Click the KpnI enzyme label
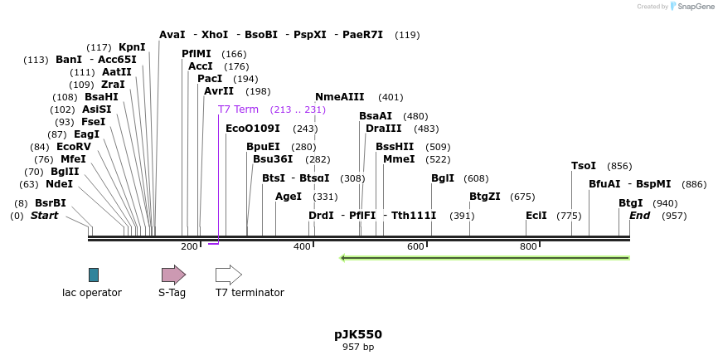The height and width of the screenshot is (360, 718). click(x=132, y=47)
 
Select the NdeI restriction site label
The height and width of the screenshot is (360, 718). click(x=59, y=184)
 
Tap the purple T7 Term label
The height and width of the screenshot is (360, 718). click(x=238, y=109)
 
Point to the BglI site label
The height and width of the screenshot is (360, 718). click(x=443, y=178)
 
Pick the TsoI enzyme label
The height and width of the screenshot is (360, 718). click(x=584, y=166)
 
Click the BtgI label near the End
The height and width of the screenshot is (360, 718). click(x=631, y=203)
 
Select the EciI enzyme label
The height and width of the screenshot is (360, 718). click(x=536, y=216)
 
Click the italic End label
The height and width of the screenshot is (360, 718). click(x=640, y=216)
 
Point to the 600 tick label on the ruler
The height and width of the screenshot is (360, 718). click(x=415, y=246)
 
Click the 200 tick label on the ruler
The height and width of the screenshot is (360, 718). click(x=189, y=246)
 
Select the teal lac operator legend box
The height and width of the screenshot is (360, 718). click(x=94, y=275)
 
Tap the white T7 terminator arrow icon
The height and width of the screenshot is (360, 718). click(x=228, y=275)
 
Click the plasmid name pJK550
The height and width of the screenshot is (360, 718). click(x=358, y=334)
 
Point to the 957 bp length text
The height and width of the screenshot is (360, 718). click(x=358, y=347)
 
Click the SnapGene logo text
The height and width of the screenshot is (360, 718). click(x=695, y=7)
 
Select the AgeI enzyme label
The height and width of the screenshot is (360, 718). click(x=289, y=197)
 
